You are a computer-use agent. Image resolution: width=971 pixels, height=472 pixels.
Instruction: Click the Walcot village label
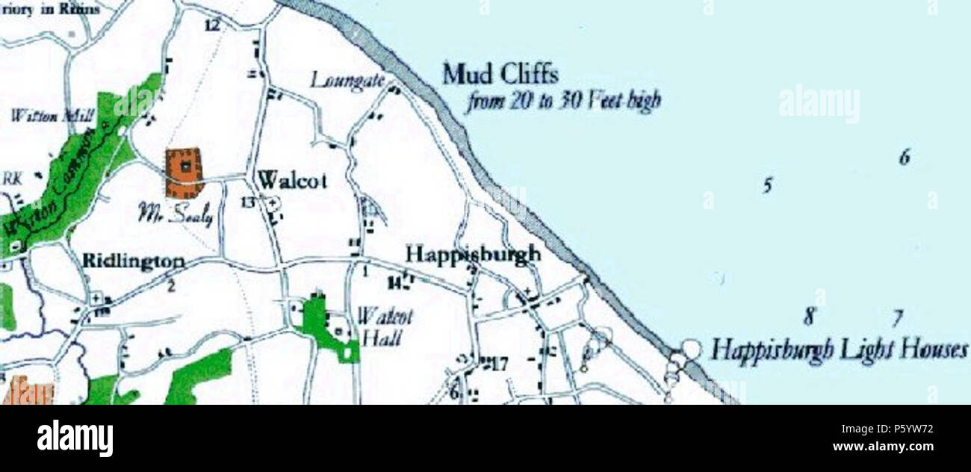coord(291,181)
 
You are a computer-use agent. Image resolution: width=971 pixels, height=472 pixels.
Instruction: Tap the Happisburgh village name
coord(472,254)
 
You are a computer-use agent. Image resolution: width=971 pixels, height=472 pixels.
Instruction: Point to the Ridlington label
coord(134,261)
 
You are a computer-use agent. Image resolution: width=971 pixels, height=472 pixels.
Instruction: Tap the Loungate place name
coord(347,79)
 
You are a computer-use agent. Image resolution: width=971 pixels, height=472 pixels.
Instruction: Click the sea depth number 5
coord(766,184)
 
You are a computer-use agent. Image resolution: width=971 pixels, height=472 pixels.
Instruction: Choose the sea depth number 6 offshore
coord(905,158)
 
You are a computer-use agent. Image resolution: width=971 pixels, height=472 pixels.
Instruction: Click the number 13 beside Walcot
coord(248,202)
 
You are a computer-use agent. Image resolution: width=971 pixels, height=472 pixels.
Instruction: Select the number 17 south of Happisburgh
coord(498,365)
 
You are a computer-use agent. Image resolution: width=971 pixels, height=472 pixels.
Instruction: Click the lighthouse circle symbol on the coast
coord(692,349)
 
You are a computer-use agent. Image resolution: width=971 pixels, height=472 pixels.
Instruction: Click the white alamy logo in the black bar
coord(75,438)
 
